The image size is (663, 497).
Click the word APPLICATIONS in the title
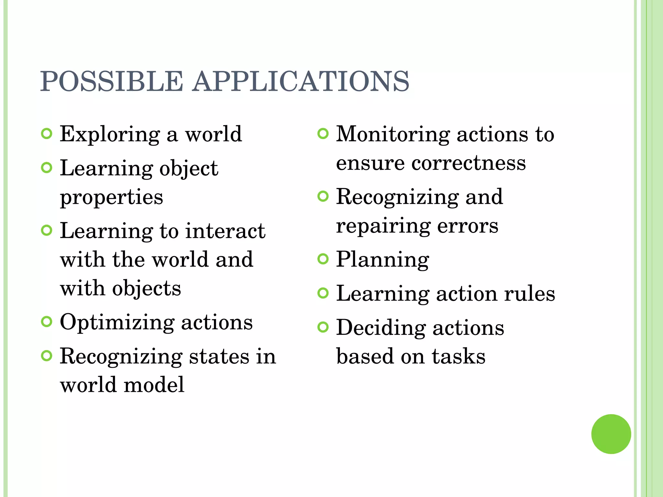pyautogui.click(x=301, y=81)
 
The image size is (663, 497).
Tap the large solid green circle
pyautogui.click(x=611, y=434)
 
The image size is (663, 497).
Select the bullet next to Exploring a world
pyautogui.click(x=47, y=134)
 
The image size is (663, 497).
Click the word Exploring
pyautogui.click(x=110, y=134)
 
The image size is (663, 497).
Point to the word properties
pyautogui.click(x=112, y=197)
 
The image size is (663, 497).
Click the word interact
pyautogui.click(x=225, y=231)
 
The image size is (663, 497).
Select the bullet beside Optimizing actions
pyautogui.click(x=47, y=322)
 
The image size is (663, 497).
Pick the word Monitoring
pyautogui.click(x=393, y=134)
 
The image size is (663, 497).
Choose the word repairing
pyautogui.click(x=383, y=226)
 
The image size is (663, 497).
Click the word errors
pyautogui.click(x=468, y=226)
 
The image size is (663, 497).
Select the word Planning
pyautogui.click(x=383, y=260)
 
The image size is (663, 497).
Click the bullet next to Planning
pyautogui.click(x=323, y=259)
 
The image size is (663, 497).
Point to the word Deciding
pyautogui.click(x=381, y=327)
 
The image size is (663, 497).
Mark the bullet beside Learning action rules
pyautogui.click(x=323, y=293)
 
